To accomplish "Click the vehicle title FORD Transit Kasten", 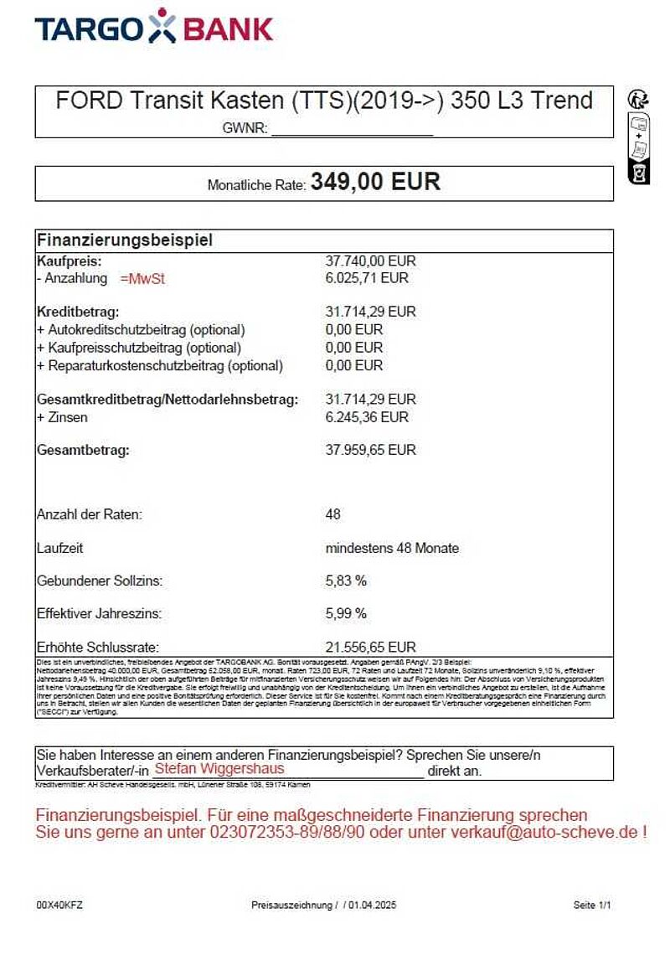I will [323, 101].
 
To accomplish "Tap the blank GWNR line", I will [352, 130].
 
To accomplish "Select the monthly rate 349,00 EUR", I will [375, 183].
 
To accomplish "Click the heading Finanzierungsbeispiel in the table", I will [125, 240].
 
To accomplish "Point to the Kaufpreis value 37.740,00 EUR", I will [370, 261].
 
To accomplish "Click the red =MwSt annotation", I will [142, 279].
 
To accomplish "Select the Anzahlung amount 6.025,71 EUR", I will [367, 278].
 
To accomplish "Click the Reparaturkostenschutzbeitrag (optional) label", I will [160, 366].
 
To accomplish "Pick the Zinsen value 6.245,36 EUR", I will [367, 417].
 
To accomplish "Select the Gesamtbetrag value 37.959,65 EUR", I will [370, 451].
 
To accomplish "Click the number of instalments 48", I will [332, 514].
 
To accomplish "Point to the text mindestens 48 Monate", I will [392, 549].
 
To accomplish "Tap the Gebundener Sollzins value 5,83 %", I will [346, 581].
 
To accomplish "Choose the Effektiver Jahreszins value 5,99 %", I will [346, 613].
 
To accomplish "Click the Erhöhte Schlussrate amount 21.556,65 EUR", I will [370, 648].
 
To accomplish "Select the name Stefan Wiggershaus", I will [219, 769].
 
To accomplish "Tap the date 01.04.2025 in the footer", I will [373, 906].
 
